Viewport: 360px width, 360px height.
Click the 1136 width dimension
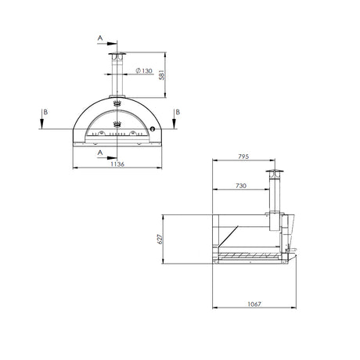(x=117, y=164)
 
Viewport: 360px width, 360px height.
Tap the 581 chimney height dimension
(x=162, y=75)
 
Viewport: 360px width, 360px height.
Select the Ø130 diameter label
(x=144, y=70)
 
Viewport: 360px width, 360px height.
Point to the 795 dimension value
(x=243, y=157)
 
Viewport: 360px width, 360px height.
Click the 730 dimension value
(x=241, y=185)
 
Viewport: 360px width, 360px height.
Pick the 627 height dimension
(x=160, y=239)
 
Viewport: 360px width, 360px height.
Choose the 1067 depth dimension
(x=254, y=304)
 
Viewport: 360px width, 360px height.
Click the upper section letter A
(x=100, y=38)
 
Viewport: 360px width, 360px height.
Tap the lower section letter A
(x=100, y=153)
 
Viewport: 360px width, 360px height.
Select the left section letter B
(x=45, y=112)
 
